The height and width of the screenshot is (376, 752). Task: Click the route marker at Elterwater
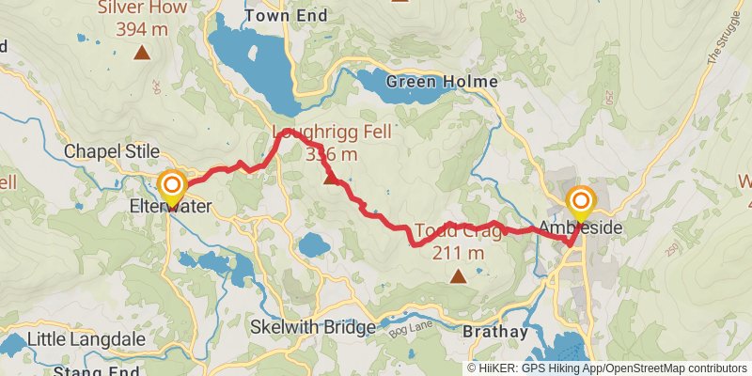click(172, 184)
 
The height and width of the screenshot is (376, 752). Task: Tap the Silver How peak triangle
click(141, 53)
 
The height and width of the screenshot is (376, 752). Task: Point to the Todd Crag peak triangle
click(458, 275)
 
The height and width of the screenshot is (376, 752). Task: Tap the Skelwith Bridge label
click(314, 327)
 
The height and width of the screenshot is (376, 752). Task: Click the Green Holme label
click(441, 82)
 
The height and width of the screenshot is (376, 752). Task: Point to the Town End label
click(286, 16)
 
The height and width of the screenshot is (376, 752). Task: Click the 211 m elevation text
click(458, 253)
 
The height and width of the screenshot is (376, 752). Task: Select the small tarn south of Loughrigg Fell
click(313, 246)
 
